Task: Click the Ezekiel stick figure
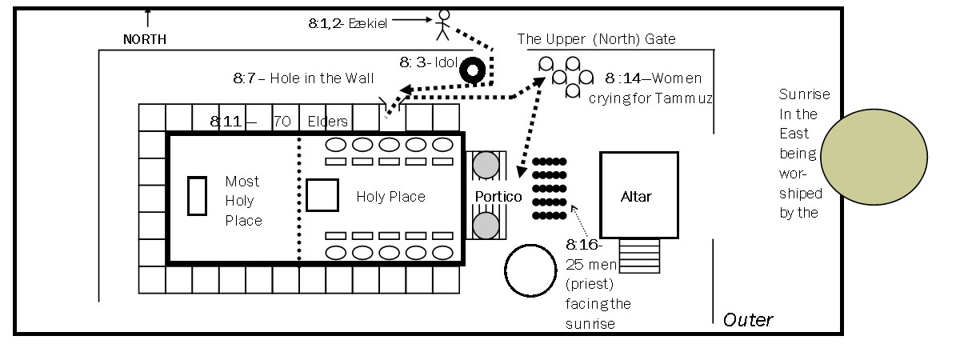click(442, 26)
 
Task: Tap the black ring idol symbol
click(473, 70)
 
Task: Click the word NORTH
click(145, 38)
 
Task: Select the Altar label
click(637, 197)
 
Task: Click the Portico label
click(498, 197)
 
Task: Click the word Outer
click(748, 320)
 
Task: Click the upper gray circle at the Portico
click(486, 166)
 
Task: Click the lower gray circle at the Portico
click(486, 225)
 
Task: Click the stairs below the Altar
click(639, 257)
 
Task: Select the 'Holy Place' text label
click(390, 197)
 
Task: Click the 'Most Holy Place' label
click(243, 201)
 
